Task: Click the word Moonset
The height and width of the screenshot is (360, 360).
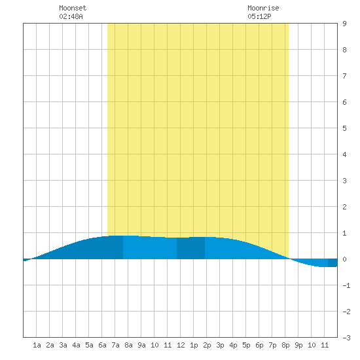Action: coord(73,8)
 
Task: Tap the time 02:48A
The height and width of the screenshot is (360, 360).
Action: coord(71,16)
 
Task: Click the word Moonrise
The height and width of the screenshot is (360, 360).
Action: coord(263,8)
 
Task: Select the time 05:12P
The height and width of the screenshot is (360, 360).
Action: coord(259,16)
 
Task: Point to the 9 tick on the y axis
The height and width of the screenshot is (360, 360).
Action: coord(344,24)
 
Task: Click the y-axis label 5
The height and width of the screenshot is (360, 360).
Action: coord(344,128)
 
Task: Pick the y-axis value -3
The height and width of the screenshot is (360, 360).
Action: coord(346,338)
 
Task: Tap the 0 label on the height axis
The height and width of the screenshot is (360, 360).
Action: coord(344,259)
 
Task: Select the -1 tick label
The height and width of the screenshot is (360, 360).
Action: coord(346,285)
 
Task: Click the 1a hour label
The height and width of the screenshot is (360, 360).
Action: coord(37,345)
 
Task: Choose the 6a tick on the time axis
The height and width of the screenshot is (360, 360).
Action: coord(102,345)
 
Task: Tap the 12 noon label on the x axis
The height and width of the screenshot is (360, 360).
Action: coord(181,345)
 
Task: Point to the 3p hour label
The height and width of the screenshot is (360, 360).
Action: coord(220,345)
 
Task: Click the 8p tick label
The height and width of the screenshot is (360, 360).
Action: coord(285,345)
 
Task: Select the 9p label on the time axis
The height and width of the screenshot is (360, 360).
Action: coord(298,345)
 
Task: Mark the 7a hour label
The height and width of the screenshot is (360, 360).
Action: coord(115,345)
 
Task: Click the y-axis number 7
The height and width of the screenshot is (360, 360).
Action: coord(344,76)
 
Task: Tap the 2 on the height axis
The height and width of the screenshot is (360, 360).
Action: coord(344,207)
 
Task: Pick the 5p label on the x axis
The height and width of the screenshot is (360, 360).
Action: coord(246,345)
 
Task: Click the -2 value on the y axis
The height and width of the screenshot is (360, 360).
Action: coord(346,312)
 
